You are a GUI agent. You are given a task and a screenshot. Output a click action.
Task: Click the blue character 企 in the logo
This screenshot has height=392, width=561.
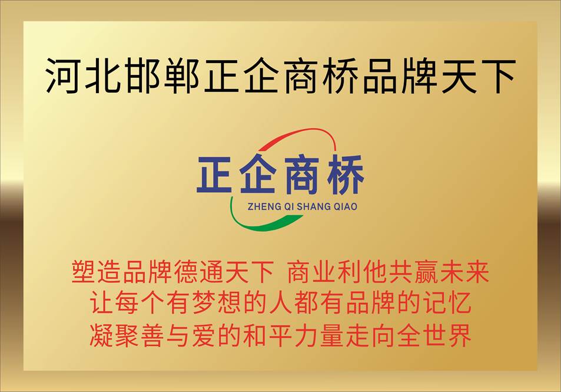click(258, 174)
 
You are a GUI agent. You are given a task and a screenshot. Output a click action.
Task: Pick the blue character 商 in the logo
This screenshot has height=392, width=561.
click(301, 174)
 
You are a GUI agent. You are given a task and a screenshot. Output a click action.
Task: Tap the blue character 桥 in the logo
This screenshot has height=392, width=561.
click(346, 174)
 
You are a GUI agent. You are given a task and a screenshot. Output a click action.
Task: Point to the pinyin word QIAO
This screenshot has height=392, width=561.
click(346, 206)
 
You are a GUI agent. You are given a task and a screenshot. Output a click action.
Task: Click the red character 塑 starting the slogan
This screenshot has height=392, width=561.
click(84, 272)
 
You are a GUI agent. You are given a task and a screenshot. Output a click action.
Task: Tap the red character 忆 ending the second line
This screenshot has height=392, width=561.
click(459, 303)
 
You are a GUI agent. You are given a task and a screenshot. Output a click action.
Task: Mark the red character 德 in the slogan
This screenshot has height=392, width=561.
click(186, 272)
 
